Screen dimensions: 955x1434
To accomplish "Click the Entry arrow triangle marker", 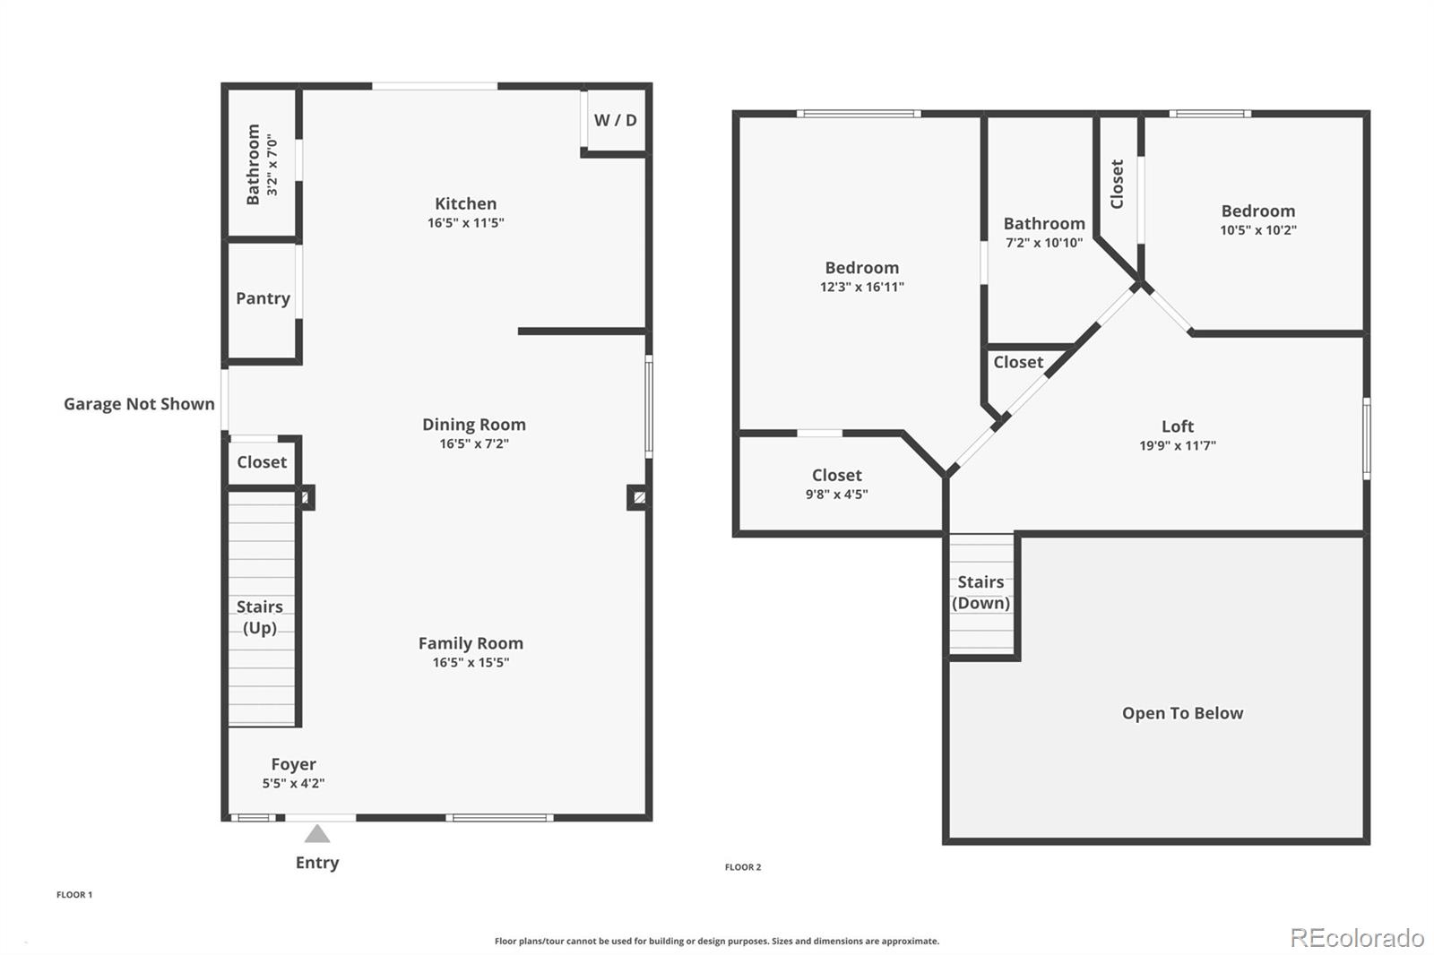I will click(316, 835).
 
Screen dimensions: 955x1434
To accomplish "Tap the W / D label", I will click(615, 120).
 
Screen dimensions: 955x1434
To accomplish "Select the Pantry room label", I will click(263, 298).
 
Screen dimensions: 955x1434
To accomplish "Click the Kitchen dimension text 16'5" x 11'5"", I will click(465, 223).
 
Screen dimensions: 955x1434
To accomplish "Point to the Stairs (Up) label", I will click(260, 617).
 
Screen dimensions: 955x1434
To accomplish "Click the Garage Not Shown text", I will click(139, 404).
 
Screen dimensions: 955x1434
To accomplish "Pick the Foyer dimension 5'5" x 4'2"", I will click(293, 784).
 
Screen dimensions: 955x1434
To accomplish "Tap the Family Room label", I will click(471, 643).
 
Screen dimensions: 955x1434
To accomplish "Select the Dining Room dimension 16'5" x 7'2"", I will click(473, 443).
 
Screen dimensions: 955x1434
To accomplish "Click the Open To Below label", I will click(1182, 713).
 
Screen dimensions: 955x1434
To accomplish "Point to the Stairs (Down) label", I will click(980, 592).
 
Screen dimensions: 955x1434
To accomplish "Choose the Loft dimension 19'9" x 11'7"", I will click(1177, 446).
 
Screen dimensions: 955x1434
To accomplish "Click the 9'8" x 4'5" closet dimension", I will click(836, 495).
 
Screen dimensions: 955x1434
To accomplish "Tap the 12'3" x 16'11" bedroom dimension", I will click(861, 288).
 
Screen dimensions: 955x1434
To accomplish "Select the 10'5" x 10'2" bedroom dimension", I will click(1257, 230).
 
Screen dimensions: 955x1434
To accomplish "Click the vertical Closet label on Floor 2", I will click(1117, 184).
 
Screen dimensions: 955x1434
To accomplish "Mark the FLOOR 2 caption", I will click(742, 867).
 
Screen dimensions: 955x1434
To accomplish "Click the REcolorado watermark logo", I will click(1356, 937).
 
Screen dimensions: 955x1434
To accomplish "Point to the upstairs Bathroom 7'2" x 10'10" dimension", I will click(1043, 243).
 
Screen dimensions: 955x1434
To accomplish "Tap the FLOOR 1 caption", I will click(74, 895).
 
